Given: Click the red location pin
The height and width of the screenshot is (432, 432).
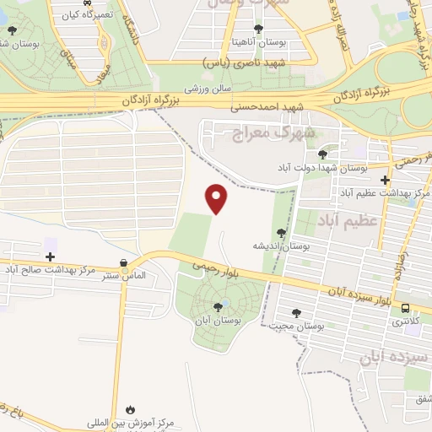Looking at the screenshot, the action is pos(218,197).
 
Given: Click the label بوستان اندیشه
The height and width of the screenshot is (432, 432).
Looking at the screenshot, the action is pos(282,246).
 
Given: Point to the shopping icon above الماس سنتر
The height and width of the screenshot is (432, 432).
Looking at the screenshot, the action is pos(124,263).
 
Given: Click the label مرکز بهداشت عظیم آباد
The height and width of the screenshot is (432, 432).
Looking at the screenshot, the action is pos(386,193).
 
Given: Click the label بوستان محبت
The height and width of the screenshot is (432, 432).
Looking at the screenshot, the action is pos(301,325).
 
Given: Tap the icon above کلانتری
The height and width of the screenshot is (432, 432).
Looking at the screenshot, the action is pos(406,309).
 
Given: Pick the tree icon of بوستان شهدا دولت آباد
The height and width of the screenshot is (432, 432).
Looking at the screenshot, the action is pos(322,154).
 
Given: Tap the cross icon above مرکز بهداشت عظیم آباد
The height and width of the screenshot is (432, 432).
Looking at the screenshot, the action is pos(386,180).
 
